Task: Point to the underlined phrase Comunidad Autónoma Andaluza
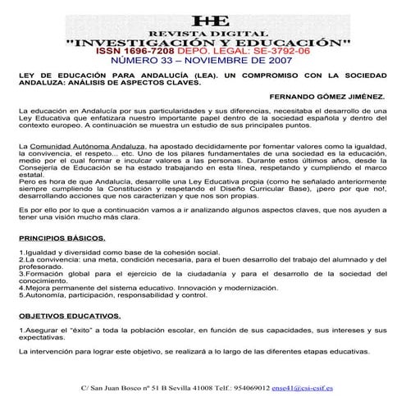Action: [x=98, y=145]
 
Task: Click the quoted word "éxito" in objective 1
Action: [x=74, y=329]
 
